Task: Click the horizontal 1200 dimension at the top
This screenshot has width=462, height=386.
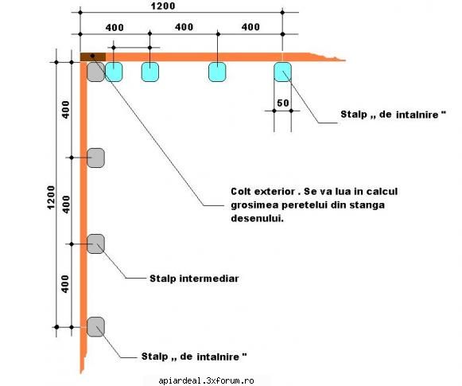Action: [x=163, y=6]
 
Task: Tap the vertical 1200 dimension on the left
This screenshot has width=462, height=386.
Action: [x=51, y=197]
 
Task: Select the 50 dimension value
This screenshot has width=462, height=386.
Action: [x=283, y=103]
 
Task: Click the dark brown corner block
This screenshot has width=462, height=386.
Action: [x=93, y=57]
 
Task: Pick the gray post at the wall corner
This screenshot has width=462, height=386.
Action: [x=95, y=72]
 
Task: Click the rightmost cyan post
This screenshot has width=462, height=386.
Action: [x=283, y=72]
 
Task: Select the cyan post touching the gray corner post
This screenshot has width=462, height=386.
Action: [x=114, y=72]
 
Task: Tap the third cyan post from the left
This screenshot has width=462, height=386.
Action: [x=217, y=72]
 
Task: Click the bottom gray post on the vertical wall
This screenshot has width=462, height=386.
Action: [x=95, y=327]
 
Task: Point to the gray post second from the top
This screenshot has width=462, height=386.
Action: [x=95, y=158]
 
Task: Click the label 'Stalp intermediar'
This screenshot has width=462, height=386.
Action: [x=194, y=279]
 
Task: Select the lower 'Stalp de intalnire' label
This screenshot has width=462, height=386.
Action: [x=194, y=357]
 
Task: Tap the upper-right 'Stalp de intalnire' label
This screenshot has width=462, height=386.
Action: [x=394, y=115]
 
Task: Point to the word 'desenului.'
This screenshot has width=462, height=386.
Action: [x=257, y=218]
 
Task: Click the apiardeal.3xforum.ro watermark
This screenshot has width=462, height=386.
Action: [x=206, y=380]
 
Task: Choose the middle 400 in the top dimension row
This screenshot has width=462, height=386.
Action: [x=184, y=27]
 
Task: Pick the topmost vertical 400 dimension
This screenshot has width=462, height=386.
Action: [x=66, y=110]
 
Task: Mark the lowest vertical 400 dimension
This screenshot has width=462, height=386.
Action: [x=65, y=284]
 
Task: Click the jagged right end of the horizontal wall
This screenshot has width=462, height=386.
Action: [x=328, y=57]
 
